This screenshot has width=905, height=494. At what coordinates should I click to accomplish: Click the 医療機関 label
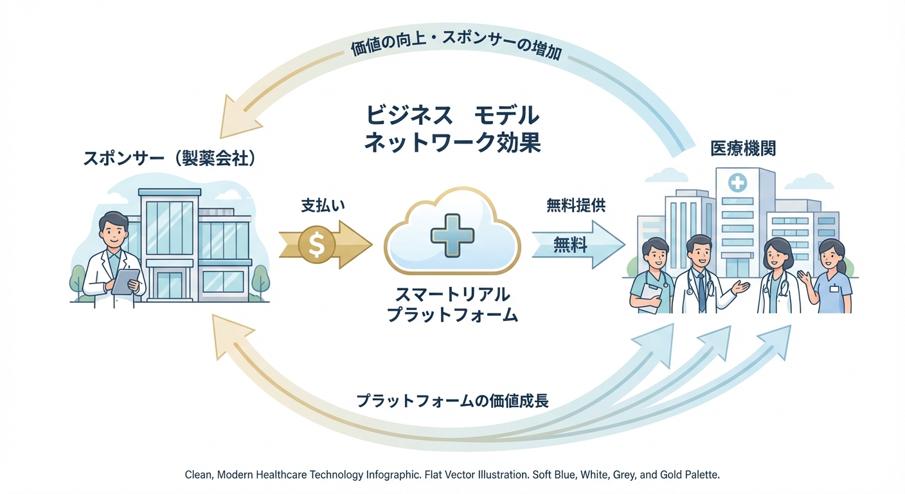(x=742, y=149)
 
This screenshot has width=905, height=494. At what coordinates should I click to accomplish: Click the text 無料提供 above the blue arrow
(x=576, y=206)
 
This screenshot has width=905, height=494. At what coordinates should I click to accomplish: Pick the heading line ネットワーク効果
(x=452, y=143)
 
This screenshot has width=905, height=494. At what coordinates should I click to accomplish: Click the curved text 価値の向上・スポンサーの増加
(x=457, y=47)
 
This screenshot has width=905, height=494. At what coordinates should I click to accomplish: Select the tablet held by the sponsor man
(x=126, y=281)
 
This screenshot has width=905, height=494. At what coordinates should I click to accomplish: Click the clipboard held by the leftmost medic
(x=650, y=298)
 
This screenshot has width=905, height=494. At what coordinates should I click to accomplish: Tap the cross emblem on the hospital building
(x=737, y=183)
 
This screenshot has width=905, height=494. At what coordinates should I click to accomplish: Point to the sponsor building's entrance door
(x=170, y=286)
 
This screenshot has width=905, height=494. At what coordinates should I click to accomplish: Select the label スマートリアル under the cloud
(x=452, y=295)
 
